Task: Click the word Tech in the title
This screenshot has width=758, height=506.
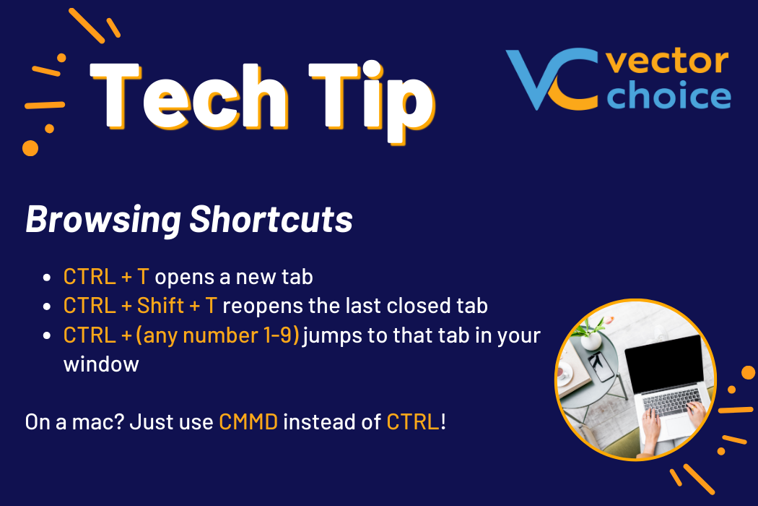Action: tap(189, 96)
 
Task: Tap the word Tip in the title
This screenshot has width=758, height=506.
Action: tap(373, 102)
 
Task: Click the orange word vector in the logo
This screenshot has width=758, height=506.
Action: tap(667, 61)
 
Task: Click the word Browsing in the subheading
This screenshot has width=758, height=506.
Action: tap(103, 220)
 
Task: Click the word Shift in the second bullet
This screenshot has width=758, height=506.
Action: tap(160, 306)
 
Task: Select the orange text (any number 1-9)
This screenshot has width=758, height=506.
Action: tap(217, 335)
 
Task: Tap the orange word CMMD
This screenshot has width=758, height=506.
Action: tap(248, 421)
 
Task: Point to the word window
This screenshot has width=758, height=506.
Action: tap(101, 364)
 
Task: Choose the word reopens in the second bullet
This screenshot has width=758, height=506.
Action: tap(263, 306)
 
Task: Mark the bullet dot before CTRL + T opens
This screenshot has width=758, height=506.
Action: tap(47, 278)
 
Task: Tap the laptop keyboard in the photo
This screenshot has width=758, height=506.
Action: tap(671, 402)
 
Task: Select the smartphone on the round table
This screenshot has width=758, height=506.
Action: tap(600, 366)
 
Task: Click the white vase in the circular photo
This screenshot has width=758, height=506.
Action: tap(591, 340)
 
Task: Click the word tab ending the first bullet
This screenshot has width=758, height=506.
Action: tap(297, 276)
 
